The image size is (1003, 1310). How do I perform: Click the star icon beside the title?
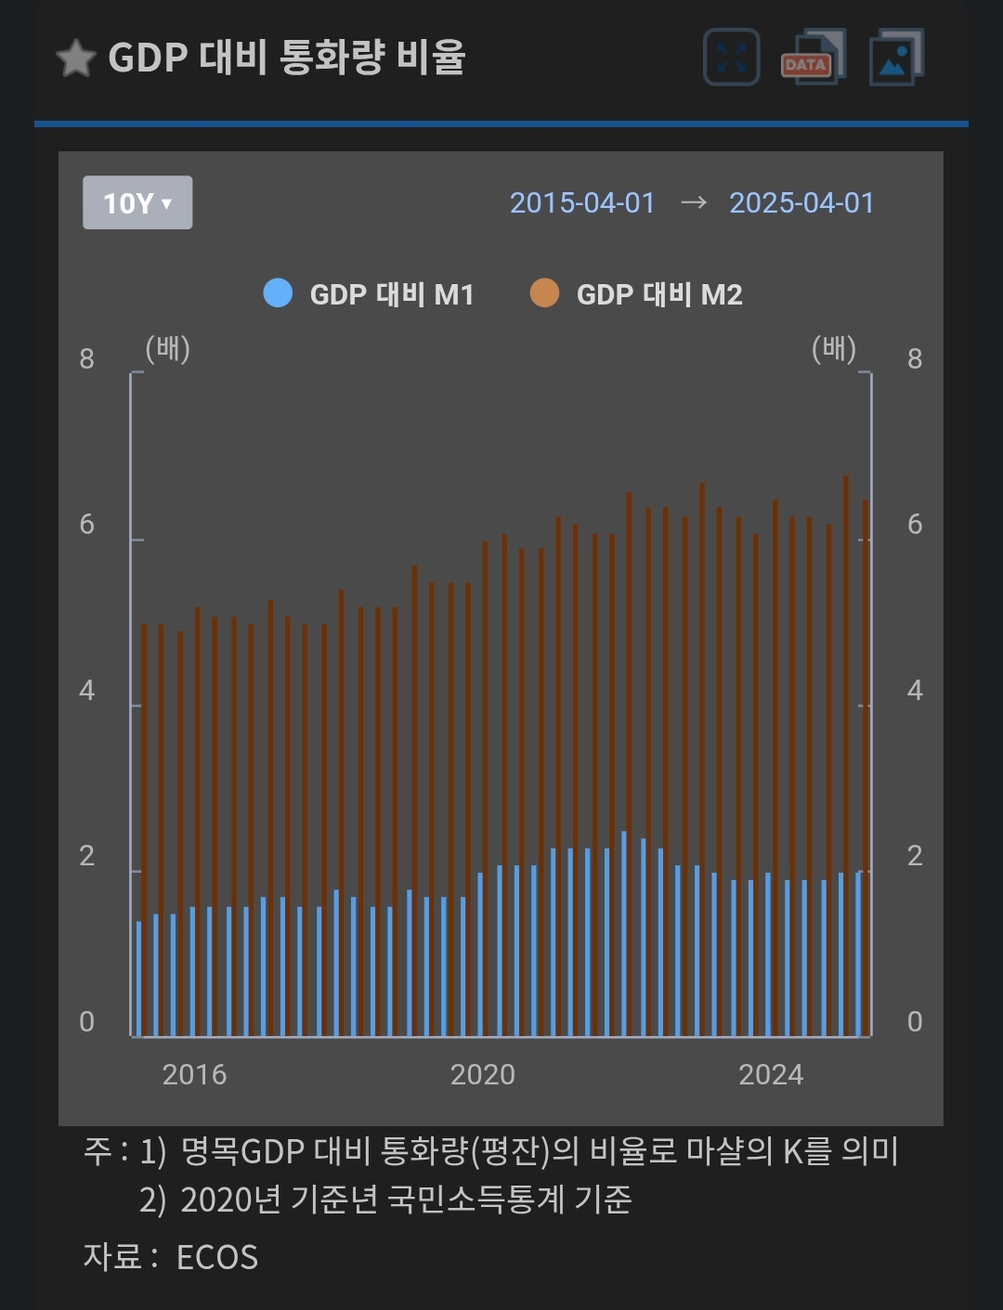(76, 58)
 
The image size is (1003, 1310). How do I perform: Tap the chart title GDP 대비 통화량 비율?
(286, 58)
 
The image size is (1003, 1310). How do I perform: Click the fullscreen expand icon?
(732, 58)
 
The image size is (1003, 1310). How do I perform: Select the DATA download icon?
(812, 58)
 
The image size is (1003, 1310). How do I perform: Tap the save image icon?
(895, 58)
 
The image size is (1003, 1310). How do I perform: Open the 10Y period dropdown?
(137, 202)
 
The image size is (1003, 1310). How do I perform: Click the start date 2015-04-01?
(582, 202)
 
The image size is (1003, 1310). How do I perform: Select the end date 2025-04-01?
(801, 202)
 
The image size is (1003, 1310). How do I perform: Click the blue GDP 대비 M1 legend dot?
(278, 293)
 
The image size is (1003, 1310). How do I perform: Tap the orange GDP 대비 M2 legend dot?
(544, 293)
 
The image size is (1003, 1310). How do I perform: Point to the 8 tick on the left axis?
(87, 358)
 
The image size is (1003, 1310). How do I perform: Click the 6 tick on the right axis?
(915, 525)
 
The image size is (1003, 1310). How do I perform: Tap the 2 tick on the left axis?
(87, 856)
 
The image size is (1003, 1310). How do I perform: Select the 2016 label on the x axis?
(194, 1074)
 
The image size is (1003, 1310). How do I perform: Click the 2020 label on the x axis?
(482, 1074)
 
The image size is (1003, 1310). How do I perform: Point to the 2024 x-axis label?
(771, 1074)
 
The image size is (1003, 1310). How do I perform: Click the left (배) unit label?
(168, 349)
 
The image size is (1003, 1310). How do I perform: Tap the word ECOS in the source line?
(217, 1257)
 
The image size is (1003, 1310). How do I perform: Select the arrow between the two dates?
(693, 202)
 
